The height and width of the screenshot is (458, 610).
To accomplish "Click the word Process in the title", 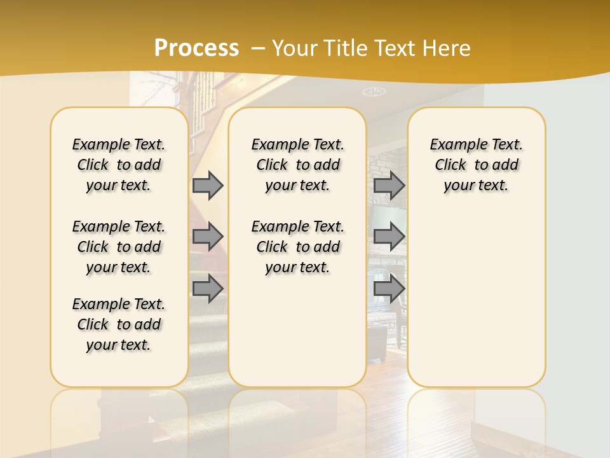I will point(196,48).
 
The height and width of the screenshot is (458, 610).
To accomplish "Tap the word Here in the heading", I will point(445,48).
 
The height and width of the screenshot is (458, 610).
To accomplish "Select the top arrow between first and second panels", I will point(208,185).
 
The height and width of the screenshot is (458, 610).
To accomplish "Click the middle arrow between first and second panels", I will point(208,237).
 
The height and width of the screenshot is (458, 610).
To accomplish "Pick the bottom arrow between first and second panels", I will point(208,288).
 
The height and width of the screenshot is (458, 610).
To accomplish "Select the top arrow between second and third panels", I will point(389,185).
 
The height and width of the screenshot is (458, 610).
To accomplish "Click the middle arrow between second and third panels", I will point(389,237).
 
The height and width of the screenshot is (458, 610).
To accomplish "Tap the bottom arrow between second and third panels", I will point(389,288).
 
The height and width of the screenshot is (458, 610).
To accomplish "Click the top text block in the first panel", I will point(119,165).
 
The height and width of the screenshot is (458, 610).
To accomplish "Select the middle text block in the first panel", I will point(119,247).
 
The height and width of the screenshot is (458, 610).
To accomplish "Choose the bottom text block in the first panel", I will point(119,324).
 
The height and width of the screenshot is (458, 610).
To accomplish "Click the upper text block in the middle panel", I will point(297,165).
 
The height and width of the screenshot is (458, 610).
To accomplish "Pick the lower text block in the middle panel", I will point(297,247).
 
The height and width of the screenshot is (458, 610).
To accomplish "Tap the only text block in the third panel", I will point(476,165).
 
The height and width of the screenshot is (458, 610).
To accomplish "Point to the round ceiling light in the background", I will point(374,92).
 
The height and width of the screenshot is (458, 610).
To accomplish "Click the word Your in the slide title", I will point(293,48).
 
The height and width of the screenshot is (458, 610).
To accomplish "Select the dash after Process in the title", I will point(258,48).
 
